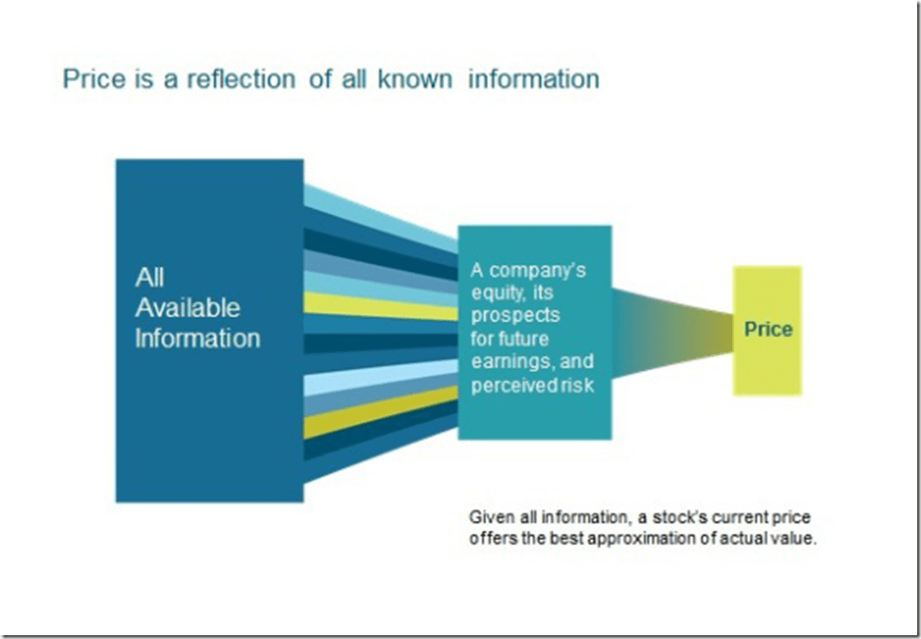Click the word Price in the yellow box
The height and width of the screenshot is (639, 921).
(x=768, y=329)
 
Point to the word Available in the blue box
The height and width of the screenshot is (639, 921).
(x=188, y=308)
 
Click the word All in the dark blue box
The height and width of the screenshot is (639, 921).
(x=149, y=277)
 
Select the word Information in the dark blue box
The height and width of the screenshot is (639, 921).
(x=197, y=338)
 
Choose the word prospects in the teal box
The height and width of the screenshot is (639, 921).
(x=515, y=315)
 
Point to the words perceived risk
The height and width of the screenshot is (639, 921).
(x=532, y=385)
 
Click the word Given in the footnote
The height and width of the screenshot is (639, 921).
(x=491, y=518)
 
